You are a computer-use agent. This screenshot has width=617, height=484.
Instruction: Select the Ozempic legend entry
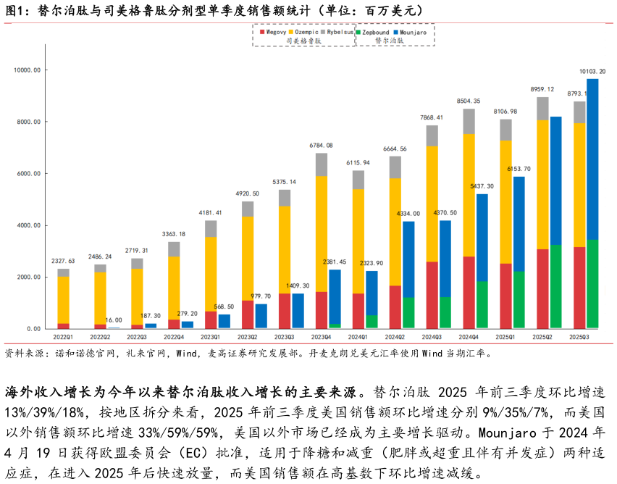click(x=305, y=32)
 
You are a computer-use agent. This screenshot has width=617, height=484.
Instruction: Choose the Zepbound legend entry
click(x=374, y=32)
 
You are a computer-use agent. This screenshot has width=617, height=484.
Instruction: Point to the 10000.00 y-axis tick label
click(x=28, y=70)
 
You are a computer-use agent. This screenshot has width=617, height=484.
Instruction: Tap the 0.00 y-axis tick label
click(x=33, y=329)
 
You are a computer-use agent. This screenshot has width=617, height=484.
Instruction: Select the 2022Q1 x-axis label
click(x=64, y=337)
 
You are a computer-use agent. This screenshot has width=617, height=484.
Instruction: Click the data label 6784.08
click(x=321, y=146)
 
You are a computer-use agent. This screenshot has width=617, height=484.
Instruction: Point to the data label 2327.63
click(x=63, y=261)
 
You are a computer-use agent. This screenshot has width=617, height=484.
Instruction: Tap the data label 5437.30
click(x=482, y=186)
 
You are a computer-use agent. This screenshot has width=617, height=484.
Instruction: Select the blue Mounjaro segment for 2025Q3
click(x=592, y=159)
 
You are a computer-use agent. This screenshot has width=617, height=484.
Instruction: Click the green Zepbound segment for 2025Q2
click(x=555, y=286)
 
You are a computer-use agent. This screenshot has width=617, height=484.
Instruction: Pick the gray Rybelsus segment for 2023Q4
click(x=321, y=164)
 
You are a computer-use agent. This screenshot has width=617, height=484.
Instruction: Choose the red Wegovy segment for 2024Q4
click(x=469, y=292)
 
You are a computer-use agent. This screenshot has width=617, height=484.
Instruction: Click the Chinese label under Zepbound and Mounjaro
click(x=389, y=41)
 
